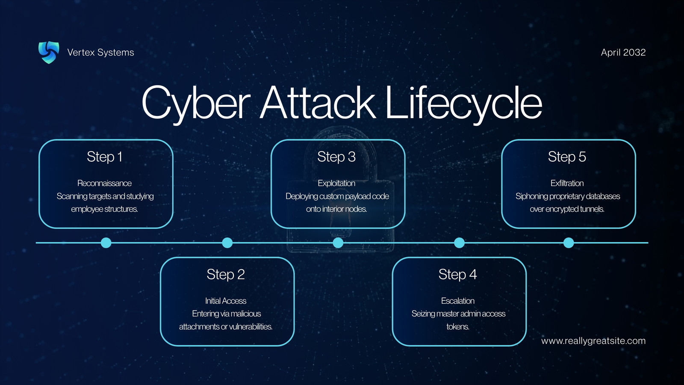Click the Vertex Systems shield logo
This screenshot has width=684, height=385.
click(49, 52)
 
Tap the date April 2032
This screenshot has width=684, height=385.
click(623, 52)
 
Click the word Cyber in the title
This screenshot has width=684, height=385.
click(196, 103)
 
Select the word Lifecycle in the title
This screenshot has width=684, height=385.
click(463, 103)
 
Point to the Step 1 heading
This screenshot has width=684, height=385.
click(104, 157)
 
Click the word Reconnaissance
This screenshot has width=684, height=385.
click(104, 183)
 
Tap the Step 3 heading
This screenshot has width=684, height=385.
click(336, 157)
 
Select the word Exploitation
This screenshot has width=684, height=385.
click(336, 183)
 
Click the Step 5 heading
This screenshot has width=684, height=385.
click(567, 157)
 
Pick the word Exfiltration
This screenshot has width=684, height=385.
click(567, 183)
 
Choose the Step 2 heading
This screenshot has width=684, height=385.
click(226, 274)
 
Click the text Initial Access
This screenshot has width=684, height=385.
click(226, 301)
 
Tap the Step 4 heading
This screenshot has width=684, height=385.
click(458, 274)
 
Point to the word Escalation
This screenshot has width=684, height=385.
click(458, 301)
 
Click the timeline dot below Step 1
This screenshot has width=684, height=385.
click(106, 243)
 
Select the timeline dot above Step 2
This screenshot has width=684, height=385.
click(227, 243)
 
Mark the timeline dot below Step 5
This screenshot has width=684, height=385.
click(569, 243)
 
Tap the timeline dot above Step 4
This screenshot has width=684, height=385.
click(459, 243)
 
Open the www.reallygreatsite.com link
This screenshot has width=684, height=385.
click(593, 341)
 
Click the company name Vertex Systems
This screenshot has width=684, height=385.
click(100, 52)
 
